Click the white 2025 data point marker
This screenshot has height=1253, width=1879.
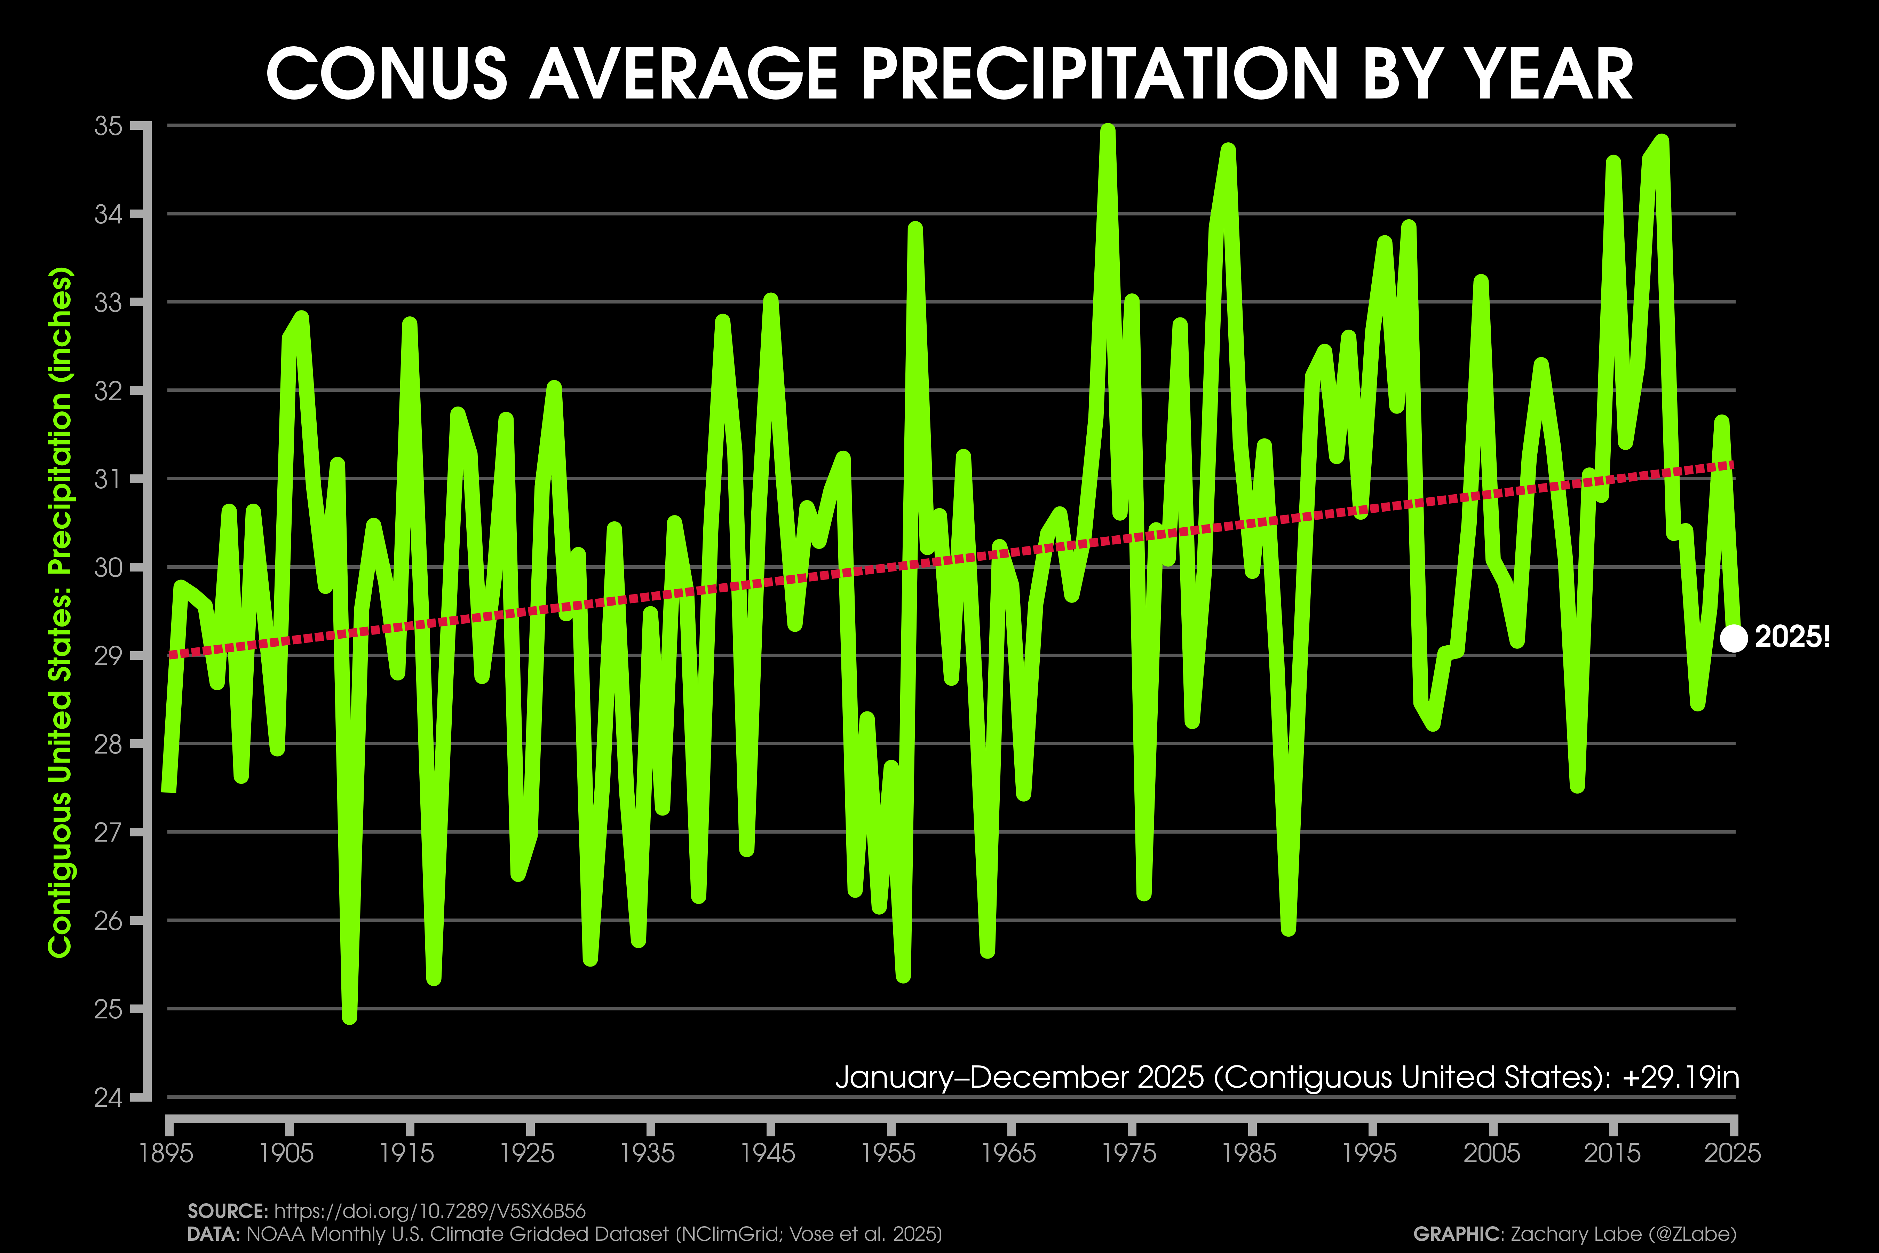(1733, 638)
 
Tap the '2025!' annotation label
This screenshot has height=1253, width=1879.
(1792, 637)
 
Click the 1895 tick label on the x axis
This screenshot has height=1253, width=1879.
(167, 1153)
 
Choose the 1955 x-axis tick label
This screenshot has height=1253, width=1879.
(889, 1153)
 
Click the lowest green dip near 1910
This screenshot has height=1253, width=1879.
(349, 1016)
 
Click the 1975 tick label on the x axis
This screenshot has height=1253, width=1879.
(1131, 1153)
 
